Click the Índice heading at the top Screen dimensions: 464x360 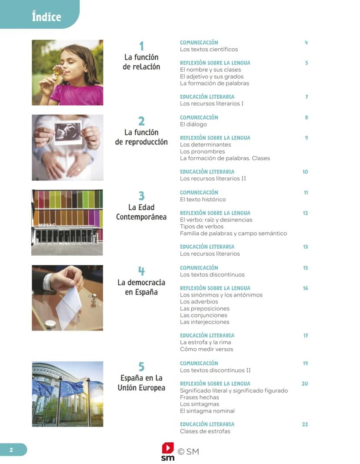[46, 17]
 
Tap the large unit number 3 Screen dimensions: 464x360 [141, 196]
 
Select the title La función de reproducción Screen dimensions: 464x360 [141, 137]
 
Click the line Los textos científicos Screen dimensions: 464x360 [209, 50]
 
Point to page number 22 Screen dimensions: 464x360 [305, 424]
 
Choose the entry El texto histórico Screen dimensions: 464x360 [203, 200]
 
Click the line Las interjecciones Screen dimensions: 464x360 [204, 322]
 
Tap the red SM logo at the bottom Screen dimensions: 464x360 [168, 451]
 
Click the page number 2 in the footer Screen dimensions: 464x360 [11, 450]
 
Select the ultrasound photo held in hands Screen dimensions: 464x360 [67, 132]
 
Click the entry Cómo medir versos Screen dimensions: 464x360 [207, 349]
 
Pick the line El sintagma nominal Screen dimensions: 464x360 [207, 411]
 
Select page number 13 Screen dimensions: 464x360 [305, 247]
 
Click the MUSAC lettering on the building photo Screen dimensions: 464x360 [47, 225]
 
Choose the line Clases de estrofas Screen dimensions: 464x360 [205, 431]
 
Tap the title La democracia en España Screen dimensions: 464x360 [141, 287]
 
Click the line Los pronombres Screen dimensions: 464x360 [202, 151]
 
